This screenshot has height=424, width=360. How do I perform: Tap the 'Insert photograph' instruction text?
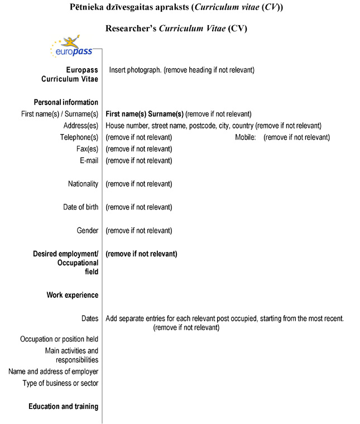click(181, 70)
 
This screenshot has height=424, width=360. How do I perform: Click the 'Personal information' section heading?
click(66, 102)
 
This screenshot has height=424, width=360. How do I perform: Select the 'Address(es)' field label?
click(80, 126)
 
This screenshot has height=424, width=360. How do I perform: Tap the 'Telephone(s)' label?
click(79, 137)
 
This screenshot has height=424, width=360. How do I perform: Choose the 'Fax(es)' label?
click(87, 149)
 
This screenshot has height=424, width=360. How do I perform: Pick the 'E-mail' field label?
click(89, 161)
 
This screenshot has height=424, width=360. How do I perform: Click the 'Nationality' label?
click(83, 184)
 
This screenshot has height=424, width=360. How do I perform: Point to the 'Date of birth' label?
click(80, 207)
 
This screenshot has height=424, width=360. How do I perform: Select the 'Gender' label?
click(88, 231)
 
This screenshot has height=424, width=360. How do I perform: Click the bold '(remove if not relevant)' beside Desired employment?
click(141, 254)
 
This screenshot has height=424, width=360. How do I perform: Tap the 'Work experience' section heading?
click(72, 295)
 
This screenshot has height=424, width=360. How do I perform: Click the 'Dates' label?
click(89, 318)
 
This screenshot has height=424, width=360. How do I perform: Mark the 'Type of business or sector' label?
click(60, 383)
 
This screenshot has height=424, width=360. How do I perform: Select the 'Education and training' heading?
click(63, 407)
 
